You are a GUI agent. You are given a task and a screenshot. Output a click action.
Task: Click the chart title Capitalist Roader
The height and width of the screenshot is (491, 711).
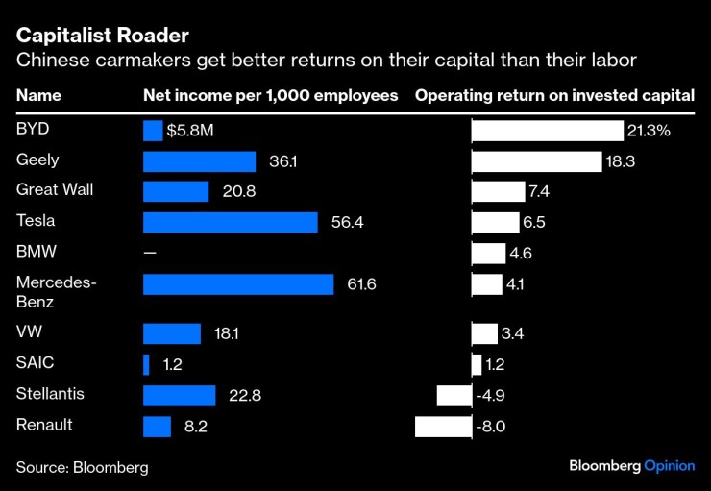click(102, 36)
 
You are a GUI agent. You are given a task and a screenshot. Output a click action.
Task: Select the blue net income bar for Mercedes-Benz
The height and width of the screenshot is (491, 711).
click(238, 284)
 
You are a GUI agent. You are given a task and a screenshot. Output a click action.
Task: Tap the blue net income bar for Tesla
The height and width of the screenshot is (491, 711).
click(230, 222)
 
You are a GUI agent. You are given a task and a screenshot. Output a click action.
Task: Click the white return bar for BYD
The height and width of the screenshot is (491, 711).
click(548, 131)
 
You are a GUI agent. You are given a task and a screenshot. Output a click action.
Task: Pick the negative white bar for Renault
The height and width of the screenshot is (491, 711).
click(443, 427)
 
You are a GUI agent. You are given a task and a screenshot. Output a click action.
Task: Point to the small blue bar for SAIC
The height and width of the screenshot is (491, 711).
click(146, 365)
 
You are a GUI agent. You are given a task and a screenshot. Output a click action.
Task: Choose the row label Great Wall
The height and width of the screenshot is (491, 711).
click(55, 189)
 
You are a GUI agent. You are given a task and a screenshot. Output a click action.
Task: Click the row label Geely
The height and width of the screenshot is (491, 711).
click(37, 160)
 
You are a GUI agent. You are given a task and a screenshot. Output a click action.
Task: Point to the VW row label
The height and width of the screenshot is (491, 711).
click(29, 332)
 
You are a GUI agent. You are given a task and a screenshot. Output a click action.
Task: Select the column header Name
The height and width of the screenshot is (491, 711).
click(38, 96)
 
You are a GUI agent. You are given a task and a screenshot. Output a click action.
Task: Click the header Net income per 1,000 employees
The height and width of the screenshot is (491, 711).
click(270, 96)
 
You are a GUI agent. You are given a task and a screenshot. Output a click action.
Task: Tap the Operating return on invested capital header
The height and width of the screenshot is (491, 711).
click(554, 96)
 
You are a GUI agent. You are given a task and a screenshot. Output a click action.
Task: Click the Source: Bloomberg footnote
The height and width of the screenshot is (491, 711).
click(82, 468)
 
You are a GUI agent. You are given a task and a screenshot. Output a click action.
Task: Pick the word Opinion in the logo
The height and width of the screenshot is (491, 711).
click(669, 465)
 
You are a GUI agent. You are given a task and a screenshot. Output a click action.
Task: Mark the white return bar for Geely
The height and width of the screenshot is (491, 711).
click(536, 161)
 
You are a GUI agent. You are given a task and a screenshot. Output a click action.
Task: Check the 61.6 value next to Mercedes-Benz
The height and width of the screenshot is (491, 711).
click(357, 285)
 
